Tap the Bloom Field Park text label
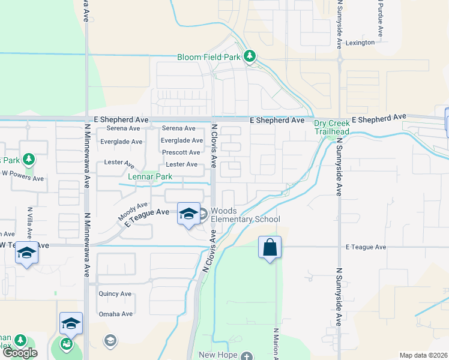pos(208,58)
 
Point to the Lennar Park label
pos(150,177)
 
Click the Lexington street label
pos(360,43)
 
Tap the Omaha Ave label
pos(116,314)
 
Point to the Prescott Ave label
pos(181,152)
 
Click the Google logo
pos(20,353)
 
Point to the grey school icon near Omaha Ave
pos(110,341)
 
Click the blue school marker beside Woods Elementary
pos(188,214)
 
